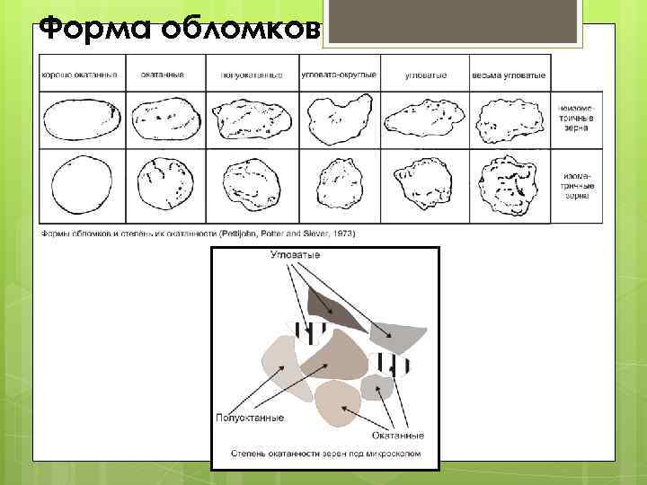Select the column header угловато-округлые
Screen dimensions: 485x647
coord(338,74)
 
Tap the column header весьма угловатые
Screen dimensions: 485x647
coord(507,74)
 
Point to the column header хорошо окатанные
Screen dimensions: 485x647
coord(80,74)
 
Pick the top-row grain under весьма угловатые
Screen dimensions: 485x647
coord(507,120)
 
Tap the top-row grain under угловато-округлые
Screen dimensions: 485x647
coord(338,120)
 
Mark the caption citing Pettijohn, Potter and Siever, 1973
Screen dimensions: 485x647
coord(197,234)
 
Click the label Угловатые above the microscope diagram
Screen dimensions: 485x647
coord(296,255)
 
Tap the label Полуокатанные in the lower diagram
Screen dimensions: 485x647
coord(251,418)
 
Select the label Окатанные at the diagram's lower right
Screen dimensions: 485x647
coord(396,435)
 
